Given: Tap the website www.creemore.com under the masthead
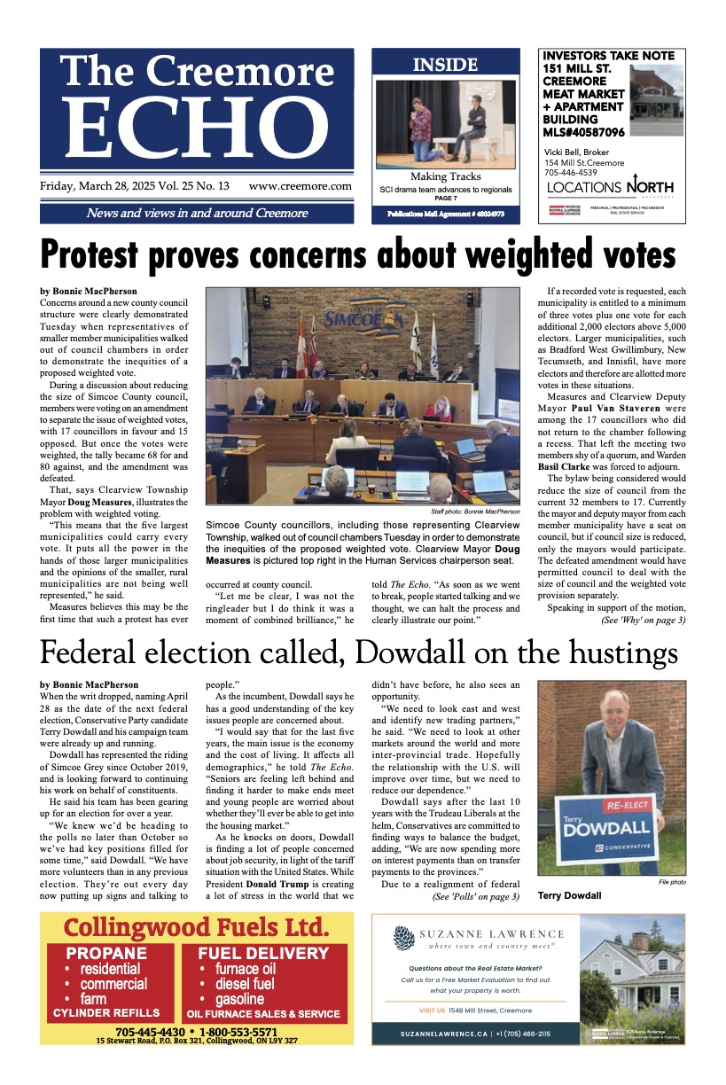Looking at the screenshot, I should [x=300, y=187].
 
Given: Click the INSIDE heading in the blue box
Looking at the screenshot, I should [x=445, y=65].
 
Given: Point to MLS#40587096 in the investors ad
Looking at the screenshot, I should [x=583, y=132].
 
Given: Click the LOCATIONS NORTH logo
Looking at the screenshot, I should [x=610, y=187].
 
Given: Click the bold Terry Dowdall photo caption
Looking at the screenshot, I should [x=569, y=895].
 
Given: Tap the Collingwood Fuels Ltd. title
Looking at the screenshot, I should [x=196, y=928].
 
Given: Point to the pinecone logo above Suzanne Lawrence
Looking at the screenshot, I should [x=402, y=938].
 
